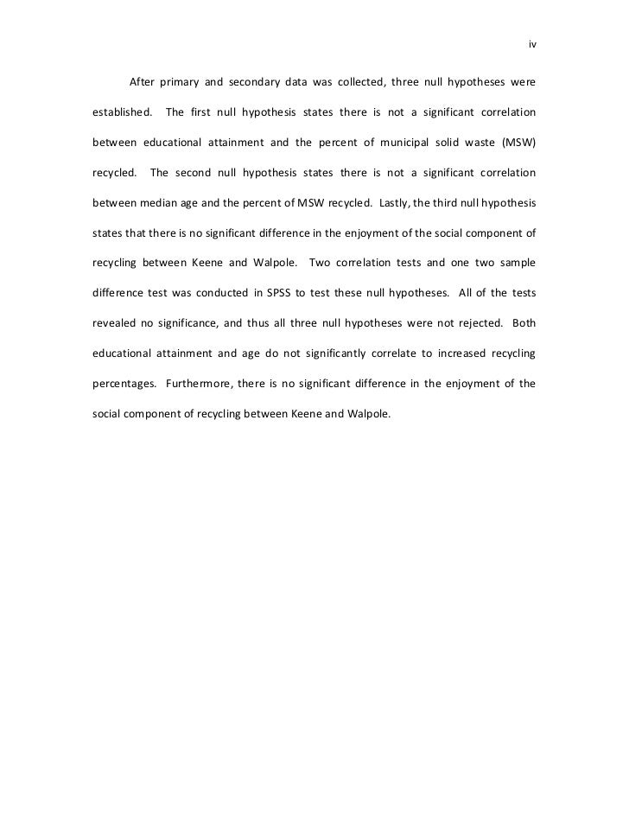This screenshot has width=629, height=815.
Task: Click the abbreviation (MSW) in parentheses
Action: [x=518, y=142]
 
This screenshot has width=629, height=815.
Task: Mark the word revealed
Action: [x=114, y=322]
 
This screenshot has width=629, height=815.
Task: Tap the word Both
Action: [x=524, y=322]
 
